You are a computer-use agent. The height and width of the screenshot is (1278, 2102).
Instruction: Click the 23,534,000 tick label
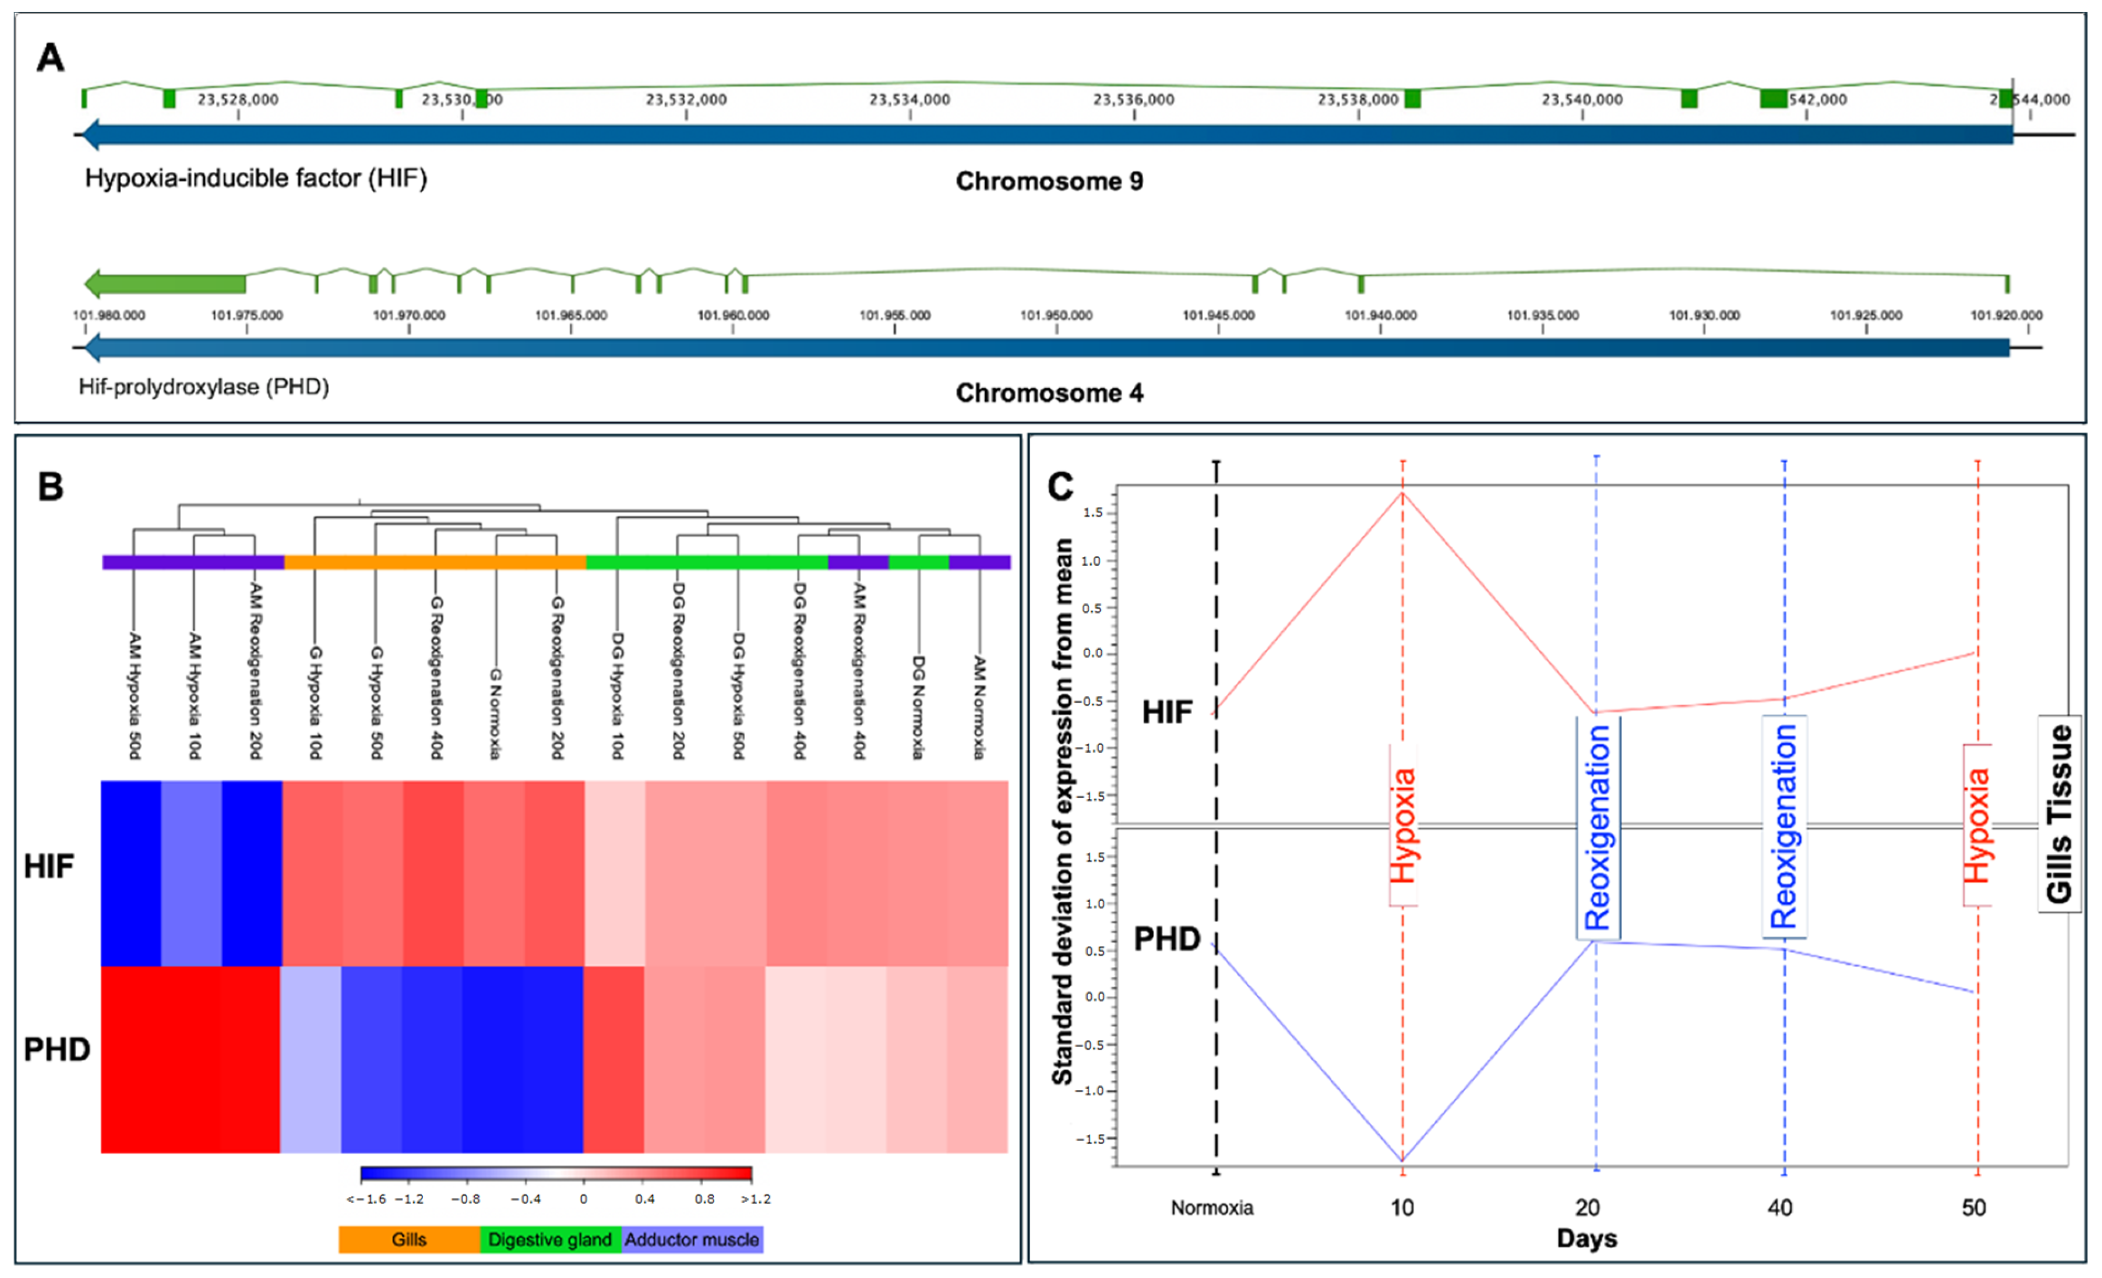click(x=910, y=100)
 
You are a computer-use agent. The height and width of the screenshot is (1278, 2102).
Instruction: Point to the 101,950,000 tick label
click(x=1056, y=316)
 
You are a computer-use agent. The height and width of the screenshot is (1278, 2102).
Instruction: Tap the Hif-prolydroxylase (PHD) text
click(x=204, y=387)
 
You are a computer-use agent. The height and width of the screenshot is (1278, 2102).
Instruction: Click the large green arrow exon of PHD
click(x=166, y=283)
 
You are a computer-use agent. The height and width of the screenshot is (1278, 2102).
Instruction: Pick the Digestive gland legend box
click(x=550, y=1239)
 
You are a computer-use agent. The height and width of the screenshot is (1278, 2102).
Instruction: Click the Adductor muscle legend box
click(x=692, y=1239)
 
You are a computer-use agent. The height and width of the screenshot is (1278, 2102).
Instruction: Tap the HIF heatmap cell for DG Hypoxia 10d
click(x=614, y=872)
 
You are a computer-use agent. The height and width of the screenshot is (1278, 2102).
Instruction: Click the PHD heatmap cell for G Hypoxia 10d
click(x=311, y=1059)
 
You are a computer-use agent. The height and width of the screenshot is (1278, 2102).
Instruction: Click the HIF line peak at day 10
click(x=1403, y=492)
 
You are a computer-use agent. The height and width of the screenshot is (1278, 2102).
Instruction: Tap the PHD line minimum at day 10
click(x=1403, y=1160)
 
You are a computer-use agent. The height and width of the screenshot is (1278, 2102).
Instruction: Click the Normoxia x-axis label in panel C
click(x=1211, y=1208)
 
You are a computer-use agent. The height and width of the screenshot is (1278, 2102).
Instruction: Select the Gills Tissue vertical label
click(x=2059, y=813)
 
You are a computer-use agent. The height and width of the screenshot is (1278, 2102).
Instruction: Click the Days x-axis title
click(x=1586, y=1238)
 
